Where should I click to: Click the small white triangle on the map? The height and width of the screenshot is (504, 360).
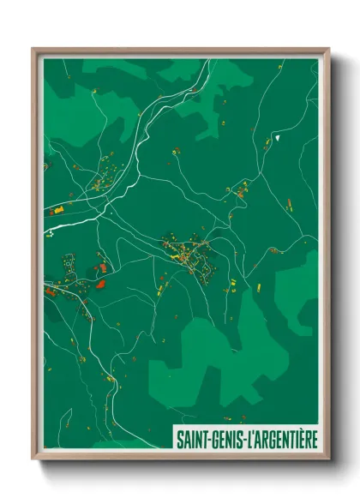[x=279, y=135]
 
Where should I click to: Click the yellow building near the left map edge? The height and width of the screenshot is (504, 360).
[x=58, y=210]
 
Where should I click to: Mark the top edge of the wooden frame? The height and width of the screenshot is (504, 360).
[x=180, y=51]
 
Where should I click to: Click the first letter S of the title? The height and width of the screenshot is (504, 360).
[x=179, y=438]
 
